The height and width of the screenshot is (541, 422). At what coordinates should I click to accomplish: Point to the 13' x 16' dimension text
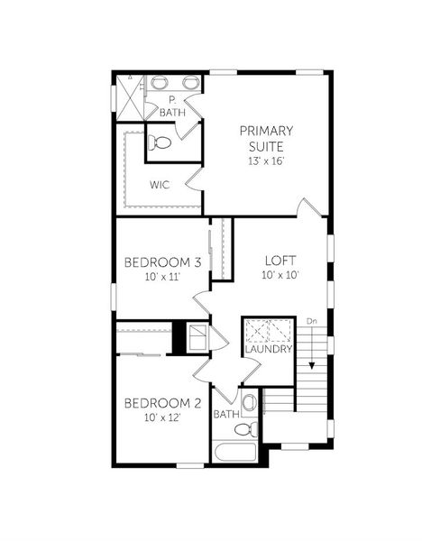click(266, 160)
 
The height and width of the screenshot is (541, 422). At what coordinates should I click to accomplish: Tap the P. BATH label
click(171, 107)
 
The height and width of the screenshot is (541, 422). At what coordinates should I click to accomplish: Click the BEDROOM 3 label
click(162, 262)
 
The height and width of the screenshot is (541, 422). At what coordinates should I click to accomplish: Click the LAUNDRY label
click(268, 349)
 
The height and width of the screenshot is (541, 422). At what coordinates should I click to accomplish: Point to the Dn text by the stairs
click(311, 321)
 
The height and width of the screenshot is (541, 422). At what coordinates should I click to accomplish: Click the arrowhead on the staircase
click(311, 365)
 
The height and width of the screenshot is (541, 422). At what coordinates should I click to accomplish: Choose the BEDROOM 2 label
click(162, 402)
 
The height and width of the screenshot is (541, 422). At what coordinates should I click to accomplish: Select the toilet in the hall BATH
click(250, 403)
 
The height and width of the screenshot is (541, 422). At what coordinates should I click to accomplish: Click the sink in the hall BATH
click(253, 427)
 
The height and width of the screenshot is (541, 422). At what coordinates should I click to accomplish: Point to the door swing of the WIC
click(189, 183)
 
